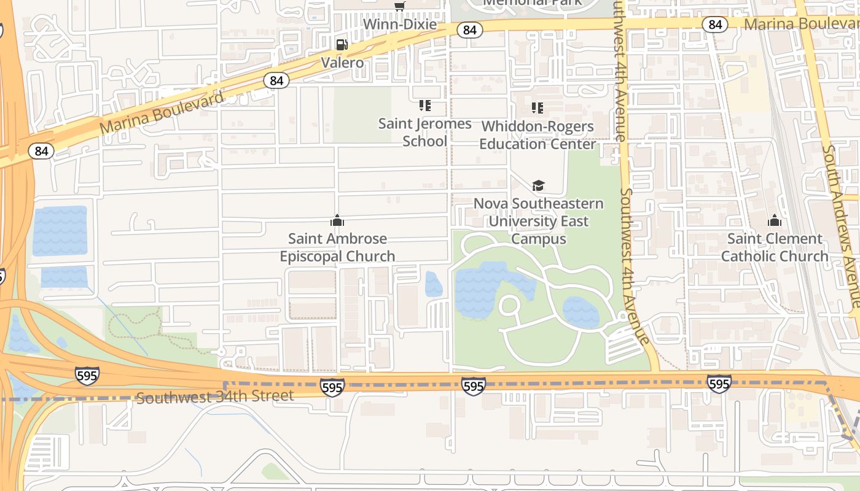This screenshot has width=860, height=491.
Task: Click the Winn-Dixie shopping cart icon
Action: (400, 7)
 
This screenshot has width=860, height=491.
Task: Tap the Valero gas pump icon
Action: (342, 44)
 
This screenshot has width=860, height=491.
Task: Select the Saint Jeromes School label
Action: (424, 132)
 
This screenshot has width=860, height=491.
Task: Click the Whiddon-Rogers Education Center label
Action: (537, 135)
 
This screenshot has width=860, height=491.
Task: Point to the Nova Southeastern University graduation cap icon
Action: (538, 185)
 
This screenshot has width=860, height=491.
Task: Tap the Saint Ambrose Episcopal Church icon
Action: (337, 220)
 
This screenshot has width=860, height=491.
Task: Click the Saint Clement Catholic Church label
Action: (774, 247)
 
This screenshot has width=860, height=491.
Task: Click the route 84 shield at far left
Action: (41, 151)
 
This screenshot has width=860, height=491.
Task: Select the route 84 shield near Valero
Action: (276, 80)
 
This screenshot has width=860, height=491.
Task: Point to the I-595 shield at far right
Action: (718, 384)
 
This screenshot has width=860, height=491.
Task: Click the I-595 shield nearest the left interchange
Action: (87, 375)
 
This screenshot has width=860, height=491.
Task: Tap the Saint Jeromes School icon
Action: (424, 106)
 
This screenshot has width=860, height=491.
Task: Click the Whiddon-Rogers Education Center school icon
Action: (537, 108)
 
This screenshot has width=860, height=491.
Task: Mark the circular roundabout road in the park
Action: (509, 304)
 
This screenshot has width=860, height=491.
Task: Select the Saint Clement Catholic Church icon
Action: (774, 220)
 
